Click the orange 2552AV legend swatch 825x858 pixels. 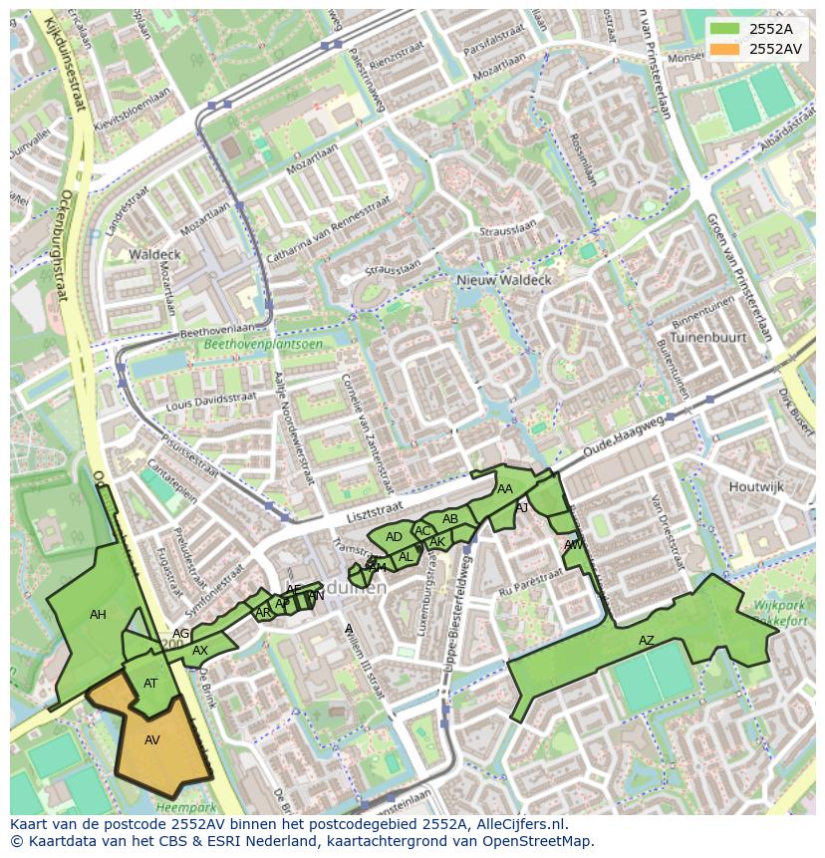click(x=727, y=49)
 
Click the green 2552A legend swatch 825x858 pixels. click(x=727, y=29)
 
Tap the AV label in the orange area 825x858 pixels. click(x=152, y=740)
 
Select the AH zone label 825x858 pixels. click(x=98, y=615)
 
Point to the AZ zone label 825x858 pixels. click(x=647, y=641)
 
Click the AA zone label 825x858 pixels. click(x=505, y=489)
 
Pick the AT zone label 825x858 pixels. click(x=150, y=684)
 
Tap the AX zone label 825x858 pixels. click(x=200, y=651)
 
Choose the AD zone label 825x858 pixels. click(x=394, y=537)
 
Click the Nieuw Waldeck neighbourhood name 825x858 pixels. click(x=503, y=281)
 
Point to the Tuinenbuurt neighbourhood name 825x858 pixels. click(x=709, y=338)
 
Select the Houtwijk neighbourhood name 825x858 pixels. click(x=756, y=486)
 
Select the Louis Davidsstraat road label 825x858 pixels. click(x=212, y=402)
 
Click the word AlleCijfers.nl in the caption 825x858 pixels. click(x=518, y=824)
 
